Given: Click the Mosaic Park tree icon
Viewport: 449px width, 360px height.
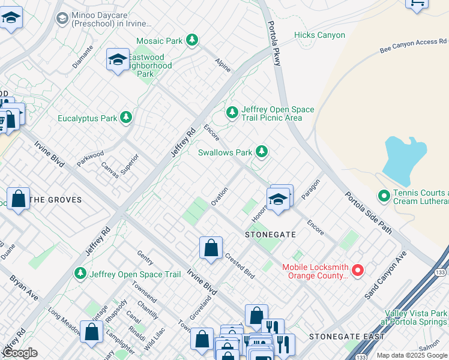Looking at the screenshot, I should [x=191, y=41].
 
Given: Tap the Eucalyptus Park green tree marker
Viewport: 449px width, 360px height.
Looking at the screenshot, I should [x=126, y=118].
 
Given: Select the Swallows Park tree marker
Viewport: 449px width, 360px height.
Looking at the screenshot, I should [x=261, y=152].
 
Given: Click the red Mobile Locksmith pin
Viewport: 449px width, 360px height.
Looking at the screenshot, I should [x=358, y=271].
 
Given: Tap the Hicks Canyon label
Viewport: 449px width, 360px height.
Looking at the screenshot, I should [x=319, y=35].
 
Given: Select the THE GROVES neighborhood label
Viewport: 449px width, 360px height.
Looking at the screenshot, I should [x=56, y=200].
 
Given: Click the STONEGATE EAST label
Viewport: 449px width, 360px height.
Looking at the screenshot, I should [x=346, y=337].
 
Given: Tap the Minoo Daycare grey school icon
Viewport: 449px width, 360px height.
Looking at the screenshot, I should [x=62, y=19].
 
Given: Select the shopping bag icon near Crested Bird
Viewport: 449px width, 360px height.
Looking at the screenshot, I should [x=211, y=248].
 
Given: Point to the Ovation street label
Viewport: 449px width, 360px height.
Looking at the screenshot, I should [x=219, y=197].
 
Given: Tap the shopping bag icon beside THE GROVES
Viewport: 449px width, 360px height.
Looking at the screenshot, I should [x=19, y=199].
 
